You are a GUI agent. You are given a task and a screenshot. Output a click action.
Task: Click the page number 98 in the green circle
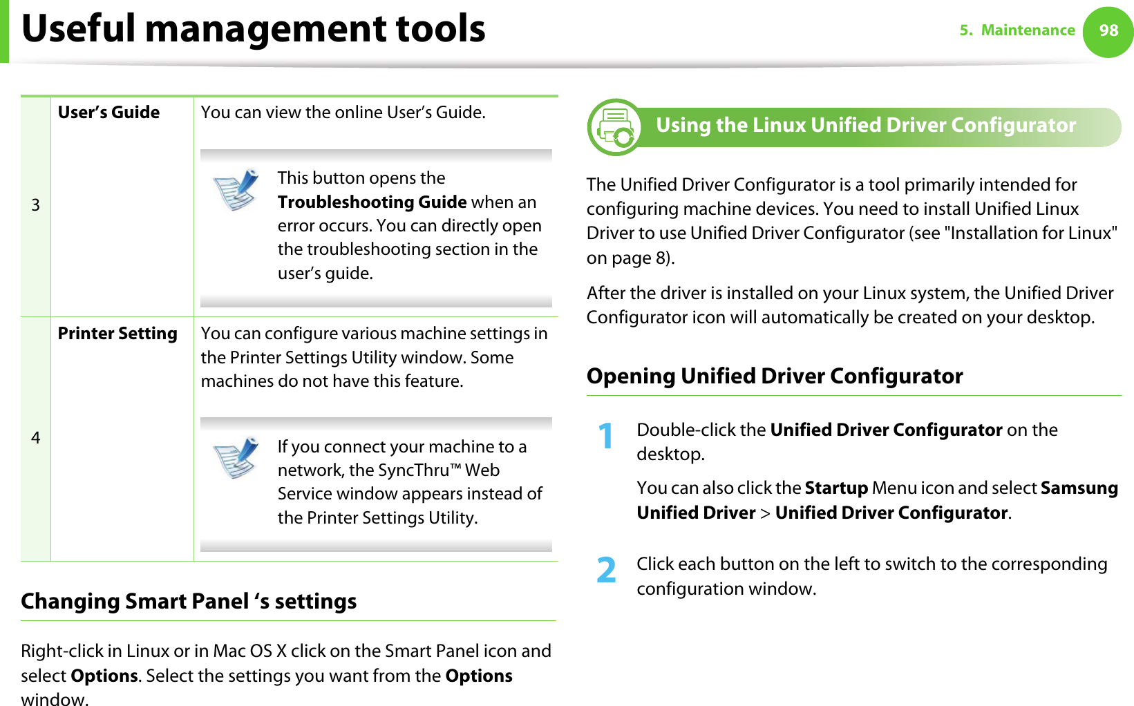1108,30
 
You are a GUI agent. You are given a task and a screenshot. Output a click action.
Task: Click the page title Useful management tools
254,29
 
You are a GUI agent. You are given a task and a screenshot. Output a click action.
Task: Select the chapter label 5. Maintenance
1017,30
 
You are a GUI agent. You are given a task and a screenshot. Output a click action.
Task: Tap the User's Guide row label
108,113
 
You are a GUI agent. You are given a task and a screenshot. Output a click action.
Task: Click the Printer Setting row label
117,334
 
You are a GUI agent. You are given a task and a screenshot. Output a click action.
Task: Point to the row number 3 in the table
35,205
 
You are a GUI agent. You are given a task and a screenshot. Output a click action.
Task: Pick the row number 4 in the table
35,438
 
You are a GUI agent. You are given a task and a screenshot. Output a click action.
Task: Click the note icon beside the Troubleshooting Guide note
236,189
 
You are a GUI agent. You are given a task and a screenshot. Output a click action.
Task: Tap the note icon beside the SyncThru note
236,457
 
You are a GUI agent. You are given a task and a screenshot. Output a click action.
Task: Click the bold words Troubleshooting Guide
372,202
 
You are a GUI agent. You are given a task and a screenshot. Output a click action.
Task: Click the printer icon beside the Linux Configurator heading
614,127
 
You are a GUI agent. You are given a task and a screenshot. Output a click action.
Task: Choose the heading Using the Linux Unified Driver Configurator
865,125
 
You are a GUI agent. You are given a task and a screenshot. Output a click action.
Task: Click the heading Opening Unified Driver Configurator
774,376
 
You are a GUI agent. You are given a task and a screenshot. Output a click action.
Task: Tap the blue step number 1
606,437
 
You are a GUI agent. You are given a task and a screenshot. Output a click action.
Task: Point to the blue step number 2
606,571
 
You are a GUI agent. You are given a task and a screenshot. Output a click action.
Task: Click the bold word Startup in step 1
836,488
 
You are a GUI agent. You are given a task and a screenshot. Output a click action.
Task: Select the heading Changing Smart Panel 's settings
189,601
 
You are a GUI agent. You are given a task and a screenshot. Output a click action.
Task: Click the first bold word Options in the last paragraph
104,676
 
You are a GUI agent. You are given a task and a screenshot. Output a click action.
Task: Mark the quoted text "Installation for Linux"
1034,233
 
